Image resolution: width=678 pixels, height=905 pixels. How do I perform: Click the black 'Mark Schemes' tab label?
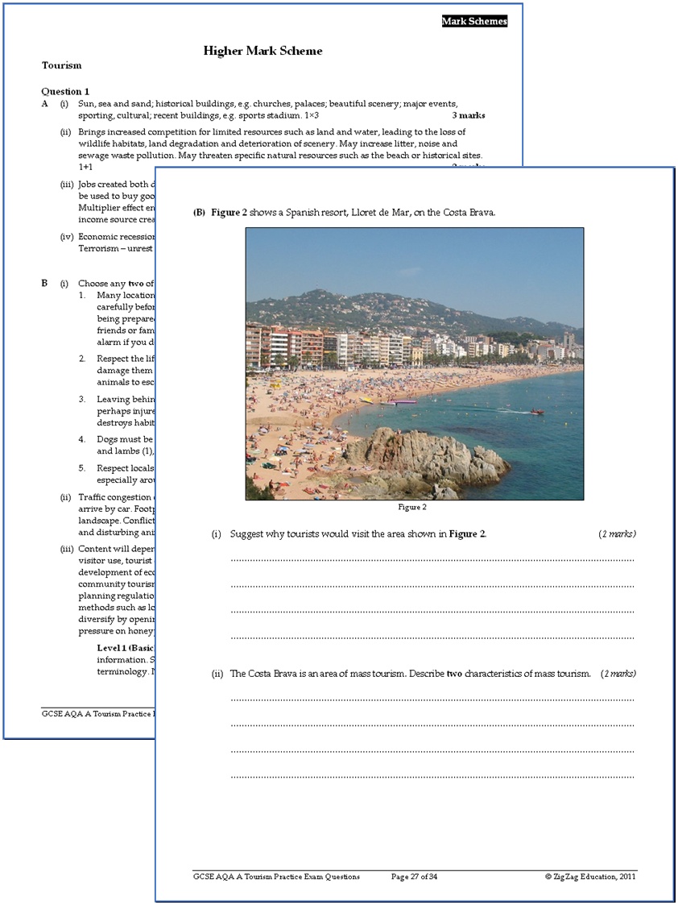point(474,22)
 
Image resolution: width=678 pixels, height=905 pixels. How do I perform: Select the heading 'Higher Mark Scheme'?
point(263,51)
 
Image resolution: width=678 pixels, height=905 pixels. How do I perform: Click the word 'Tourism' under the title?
point(61,65)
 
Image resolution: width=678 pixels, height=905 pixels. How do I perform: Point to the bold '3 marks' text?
point(468,115)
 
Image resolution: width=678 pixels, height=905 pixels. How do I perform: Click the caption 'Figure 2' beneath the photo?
point(412,507)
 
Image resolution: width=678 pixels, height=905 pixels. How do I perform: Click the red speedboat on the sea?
point(536,412)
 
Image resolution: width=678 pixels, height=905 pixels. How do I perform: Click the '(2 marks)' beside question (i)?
point(617,533)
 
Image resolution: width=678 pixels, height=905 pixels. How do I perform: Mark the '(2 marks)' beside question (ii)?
point(618,673)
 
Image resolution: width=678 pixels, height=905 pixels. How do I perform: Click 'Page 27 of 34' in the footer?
point(415,876)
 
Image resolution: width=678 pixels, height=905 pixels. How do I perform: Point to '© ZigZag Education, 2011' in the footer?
point(590,876)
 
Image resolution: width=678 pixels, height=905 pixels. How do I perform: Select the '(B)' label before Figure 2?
point(199,213)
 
